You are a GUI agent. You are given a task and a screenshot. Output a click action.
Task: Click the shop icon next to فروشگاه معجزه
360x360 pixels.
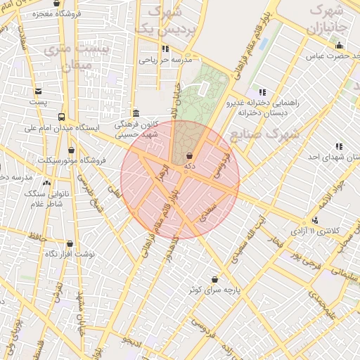pyautogui.click(x=56, y=3)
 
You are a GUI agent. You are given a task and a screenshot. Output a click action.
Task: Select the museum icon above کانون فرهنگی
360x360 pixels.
pyautogui.click(x=136, y=113)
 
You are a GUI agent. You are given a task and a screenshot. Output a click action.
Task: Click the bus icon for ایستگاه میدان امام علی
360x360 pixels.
pyautogui.click(x=62, y=117)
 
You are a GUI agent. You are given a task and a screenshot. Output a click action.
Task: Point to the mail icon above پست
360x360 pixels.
pyautogui.click(x=37, y=91)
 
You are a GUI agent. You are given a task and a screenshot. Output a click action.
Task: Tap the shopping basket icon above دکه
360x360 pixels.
pyautogui.click(x=188, y=155)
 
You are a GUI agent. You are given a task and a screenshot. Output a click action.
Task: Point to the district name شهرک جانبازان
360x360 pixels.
pyautogui.click(x=329, y=20)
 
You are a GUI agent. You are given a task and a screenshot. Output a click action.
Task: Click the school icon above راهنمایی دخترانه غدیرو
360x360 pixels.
pyautogui.click(x=262, y=92)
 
